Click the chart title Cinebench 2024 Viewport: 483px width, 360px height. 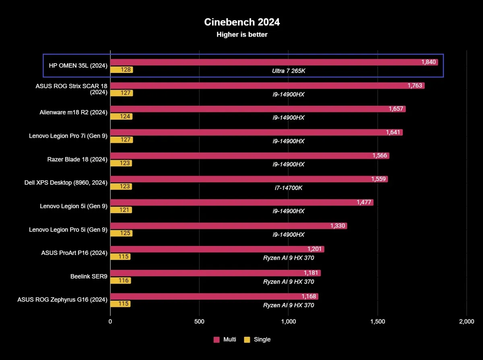coord(242,22)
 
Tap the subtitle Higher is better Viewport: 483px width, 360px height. coord(242,35)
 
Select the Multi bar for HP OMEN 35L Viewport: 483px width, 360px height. coord(274,62)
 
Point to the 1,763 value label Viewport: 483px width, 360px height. coord(415,85)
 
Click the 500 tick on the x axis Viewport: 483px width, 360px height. coord(200,321)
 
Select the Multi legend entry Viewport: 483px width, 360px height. coord(225,339)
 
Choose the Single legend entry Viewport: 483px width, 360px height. coord(257,339)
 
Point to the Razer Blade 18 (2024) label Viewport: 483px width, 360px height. coord(77,159)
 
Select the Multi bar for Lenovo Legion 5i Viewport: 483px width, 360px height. coord(242,202)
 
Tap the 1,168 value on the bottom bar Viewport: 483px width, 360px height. coord(309,296)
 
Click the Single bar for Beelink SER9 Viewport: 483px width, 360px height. coord(120,280)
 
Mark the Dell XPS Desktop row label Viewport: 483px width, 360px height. coord(66,183)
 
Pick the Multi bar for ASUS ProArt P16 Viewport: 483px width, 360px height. coord(217,249)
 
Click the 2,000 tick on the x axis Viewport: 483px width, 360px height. coord(466,321)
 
